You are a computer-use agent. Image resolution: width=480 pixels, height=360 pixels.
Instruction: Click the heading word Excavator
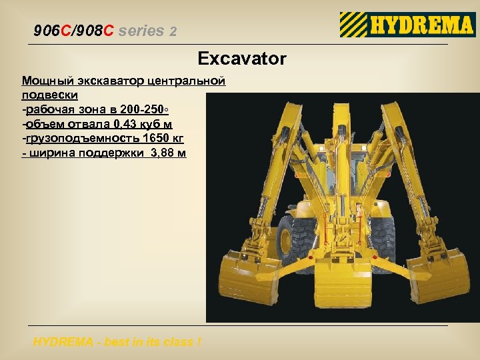(242, 59)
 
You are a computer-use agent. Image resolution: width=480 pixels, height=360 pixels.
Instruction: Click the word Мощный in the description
(43, 81)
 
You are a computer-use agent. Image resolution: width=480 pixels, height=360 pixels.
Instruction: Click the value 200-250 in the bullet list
(151, 109)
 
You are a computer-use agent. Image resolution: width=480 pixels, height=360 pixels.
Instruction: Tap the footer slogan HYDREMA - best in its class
(117, 343)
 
